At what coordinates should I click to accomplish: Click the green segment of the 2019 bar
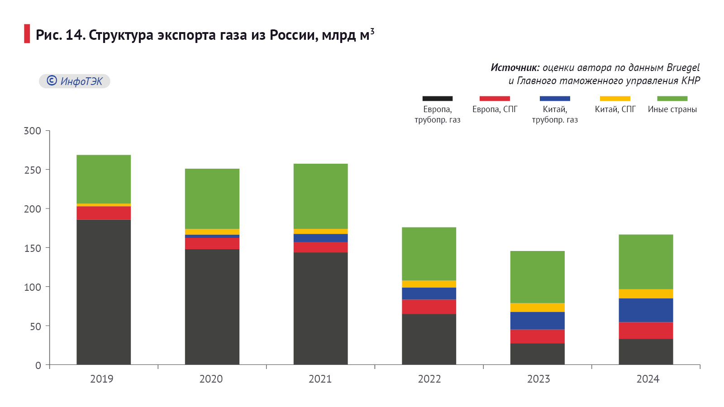pyautogui.click(x=104, y=179)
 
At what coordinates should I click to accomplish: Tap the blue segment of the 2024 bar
pyautogui.click(x=646, y=310)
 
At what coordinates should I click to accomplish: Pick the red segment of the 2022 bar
pyautogui.click(x=429, y=307)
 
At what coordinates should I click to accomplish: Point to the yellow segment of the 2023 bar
pyautogui.click(x=538, y=308)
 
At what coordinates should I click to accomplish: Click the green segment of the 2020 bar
pyautogui.click(x=212, y=199)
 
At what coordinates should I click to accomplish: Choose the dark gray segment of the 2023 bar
pyautogui.click(x=538, y=354)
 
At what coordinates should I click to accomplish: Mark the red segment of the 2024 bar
pyautogui.click(x=646, y=331)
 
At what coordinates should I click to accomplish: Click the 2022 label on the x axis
pyautogui.click(x=429, y=379)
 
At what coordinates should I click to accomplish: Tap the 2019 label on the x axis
pyautogui.click(x=101, y=379)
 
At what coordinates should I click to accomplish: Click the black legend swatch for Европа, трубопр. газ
pyautogui.click(x=437, y=99)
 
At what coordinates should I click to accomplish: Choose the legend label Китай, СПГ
pyautogui.click(x=615, y=109)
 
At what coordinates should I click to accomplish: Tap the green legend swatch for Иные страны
pyautogui.click(x=672, y=99)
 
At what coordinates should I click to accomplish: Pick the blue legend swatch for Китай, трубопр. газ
pyautogui.click(x=555, y=99)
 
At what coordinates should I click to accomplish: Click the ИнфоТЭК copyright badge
pyautogui.click(x=75, y=81)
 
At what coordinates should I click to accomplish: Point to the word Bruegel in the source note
pyautogui.click(x=683, y=68)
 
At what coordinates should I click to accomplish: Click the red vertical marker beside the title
pyautogui.click(x=27, y=34)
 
